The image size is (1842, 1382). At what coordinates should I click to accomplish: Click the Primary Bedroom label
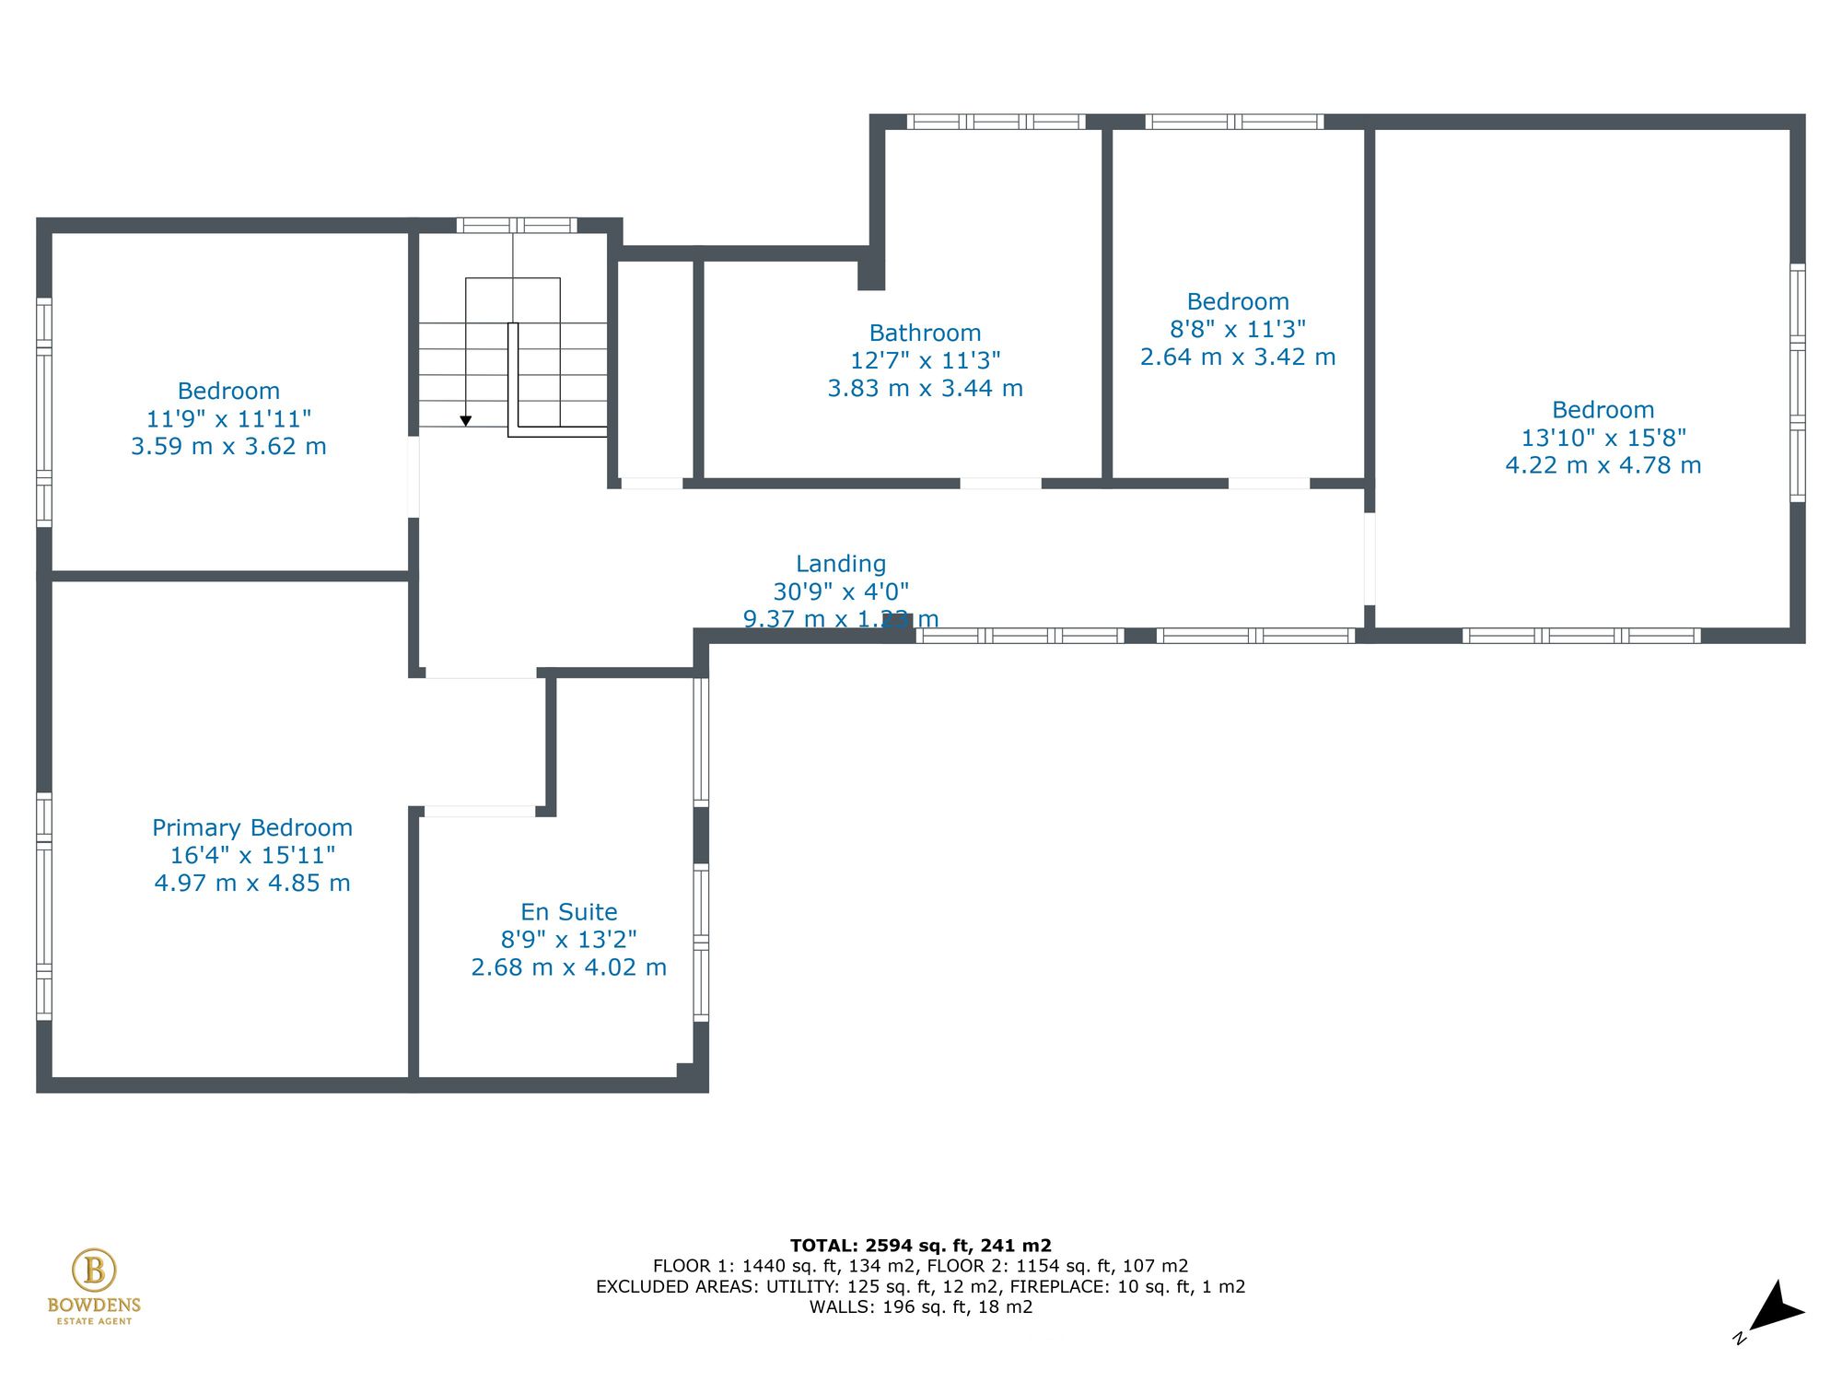252,827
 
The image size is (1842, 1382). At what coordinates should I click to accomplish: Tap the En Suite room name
568,912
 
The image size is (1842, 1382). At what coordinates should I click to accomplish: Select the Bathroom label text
925,333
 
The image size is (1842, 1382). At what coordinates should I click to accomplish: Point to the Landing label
841,564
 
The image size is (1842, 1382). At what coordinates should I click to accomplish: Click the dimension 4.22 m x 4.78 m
1603,465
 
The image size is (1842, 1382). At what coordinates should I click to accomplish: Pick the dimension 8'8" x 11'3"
1238,329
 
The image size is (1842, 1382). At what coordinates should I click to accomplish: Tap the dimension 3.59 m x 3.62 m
228,447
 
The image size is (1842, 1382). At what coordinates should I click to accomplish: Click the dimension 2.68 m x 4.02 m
568,967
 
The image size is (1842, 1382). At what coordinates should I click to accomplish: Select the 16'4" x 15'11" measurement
252,855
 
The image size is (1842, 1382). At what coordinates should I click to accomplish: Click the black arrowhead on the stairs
466,421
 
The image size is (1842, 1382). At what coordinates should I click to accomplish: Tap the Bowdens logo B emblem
94,1271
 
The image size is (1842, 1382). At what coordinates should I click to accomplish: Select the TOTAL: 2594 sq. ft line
920,1246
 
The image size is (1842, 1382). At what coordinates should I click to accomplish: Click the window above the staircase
517,225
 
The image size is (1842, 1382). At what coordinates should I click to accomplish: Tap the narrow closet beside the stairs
655,369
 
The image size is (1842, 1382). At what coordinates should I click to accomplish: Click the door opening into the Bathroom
1000,483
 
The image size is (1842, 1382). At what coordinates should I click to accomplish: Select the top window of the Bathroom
996,122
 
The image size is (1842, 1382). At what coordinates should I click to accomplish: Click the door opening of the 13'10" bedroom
1370,558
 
